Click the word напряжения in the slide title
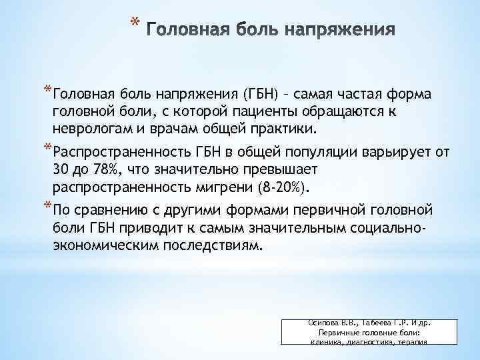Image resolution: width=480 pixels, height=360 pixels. tap(341, 31)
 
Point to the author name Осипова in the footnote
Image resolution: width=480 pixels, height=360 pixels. tap(323, 322)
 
